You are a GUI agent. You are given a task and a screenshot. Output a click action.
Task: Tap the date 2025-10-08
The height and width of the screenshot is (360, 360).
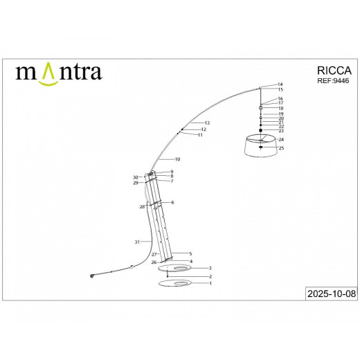click(x=331, y=294)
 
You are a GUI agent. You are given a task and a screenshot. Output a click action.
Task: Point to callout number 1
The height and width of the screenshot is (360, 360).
click(x=210, y=283)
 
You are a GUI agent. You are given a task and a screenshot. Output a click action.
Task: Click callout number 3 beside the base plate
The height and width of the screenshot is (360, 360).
click(x=210, y=268)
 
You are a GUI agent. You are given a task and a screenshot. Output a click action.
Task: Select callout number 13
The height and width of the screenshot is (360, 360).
click(x=206, y=123)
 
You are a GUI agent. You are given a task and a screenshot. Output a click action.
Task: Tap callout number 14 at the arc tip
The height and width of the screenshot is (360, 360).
click(x=280, y=84)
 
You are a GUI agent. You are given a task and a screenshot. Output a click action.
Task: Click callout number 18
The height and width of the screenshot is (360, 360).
click(x=280, y=109)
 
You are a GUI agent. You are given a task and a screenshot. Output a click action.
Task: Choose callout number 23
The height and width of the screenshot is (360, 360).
click(x=281, y=131)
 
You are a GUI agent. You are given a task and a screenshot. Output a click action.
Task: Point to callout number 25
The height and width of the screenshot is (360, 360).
click(x=281, y=148)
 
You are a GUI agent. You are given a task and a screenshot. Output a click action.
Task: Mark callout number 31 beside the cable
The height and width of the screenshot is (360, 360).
click(x=137, y=242)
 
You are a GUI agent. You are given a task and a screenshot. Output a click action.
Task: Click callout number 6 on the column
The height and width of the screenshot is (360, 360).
click(x=172, y=202)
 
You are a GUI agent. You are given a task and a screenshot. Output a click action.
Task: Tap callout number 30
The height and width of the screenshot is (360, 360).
click(x=136, y=178)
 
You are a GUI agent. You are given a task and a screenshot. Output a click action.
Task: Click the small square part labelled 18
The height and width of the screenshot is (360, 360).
click(x=261, y=108)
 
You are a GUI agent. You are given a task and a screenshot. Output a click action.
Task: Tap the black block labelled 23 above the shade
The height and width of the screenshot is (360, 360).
click(x=261, y=130)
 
